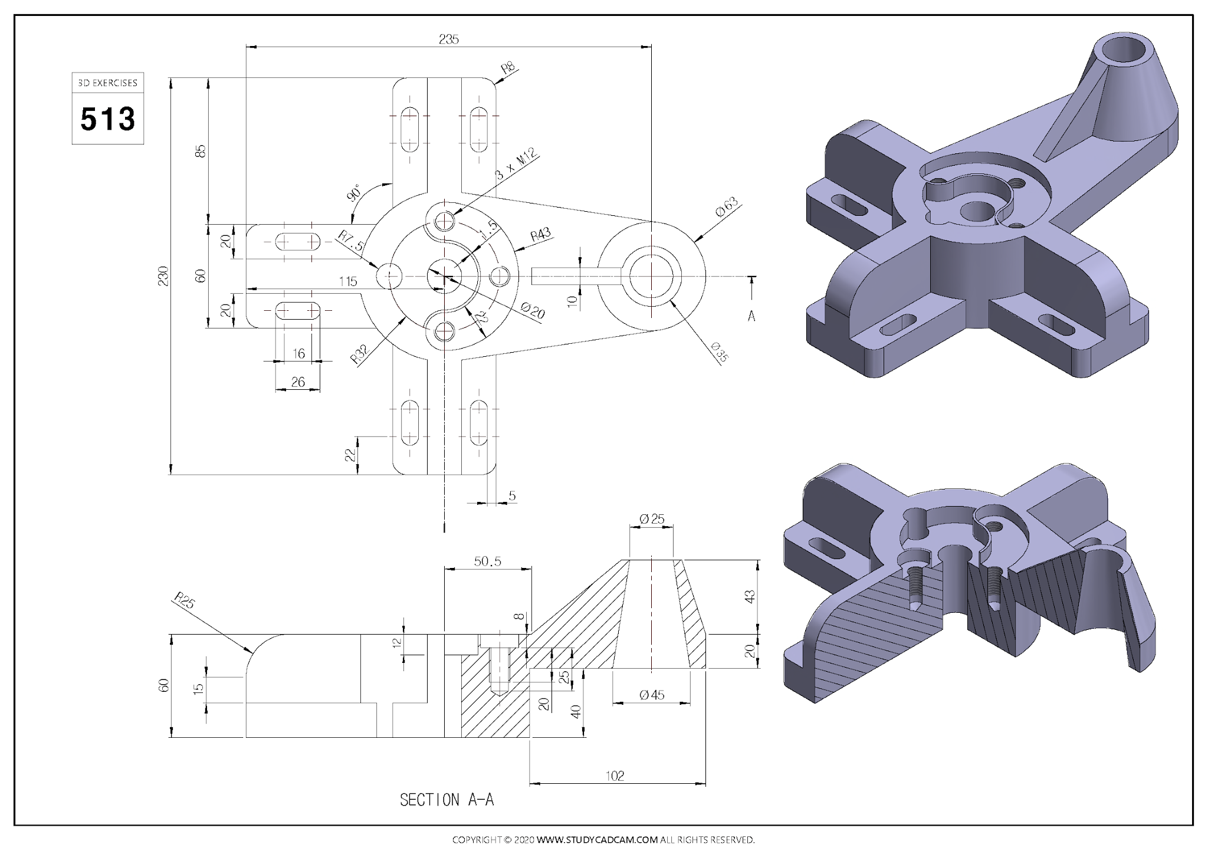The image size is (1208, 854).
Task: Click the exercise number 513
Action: point(108,119)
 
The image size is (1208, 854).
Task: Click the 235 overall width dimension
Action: point(448,40)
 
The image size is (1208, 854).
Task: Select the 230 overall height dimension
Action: point(163,276)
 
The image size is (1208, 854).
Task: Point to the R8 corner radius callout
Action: point(508,68)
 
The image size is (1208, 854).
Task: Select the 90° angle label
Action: point(354,193)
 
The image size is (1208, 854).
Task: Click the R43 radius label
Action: point(540,235)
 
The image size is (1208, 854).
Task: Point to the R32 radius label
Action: point(359,353)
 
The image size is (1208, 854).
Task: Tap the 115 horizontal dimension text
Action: point(348,281)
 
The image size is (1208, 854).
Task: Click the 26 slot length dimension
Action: point(298,382)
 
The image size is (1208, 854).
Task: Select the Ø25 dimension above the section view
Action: point(652,519)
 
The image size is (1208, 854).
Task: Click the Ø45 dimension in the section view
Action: point(652,695)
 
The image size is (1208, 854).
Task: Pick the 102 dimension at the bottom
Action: point(615,776)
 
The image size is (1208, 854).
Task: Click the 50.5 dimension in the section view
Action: point(487,561)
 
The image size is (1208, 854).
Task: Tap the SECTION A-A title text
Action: point(447,800)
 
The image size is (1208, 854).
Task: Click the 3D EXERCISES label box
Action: point(108,83)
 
